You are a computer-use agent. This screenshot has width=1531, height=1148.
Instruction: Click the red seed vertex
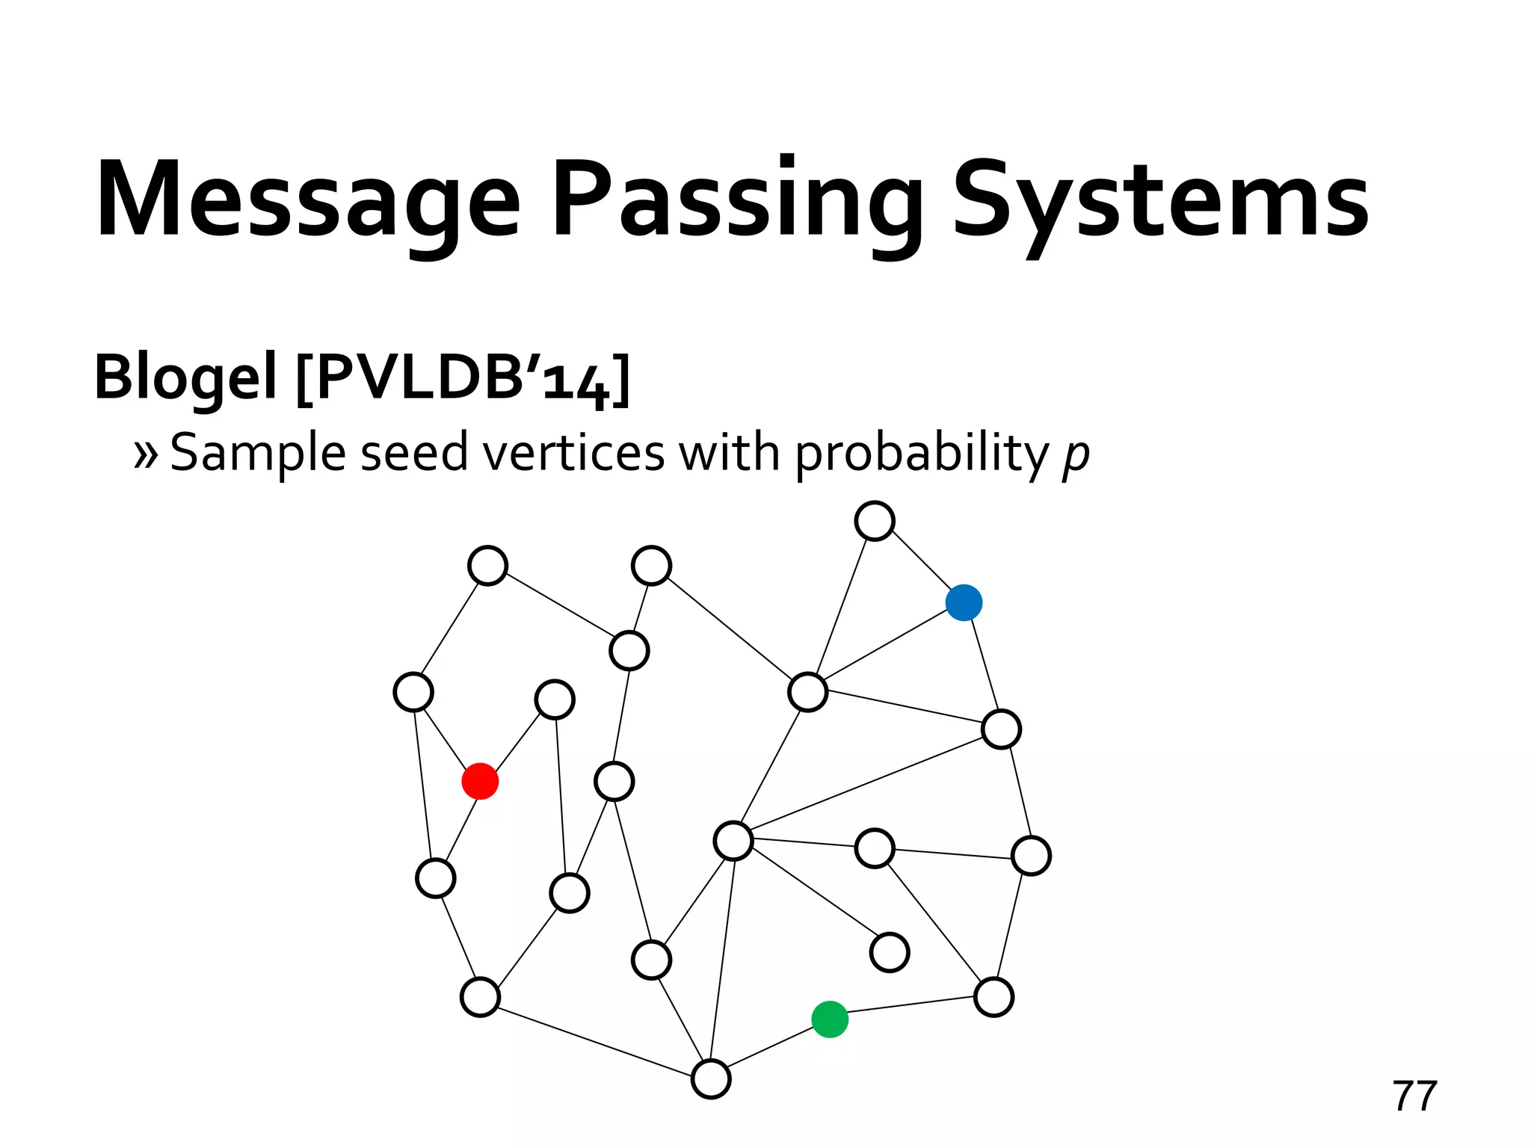click(x=480, y=781)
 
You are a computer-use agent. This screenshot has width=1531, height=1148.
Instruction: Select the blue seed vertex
click(x=964, y=602)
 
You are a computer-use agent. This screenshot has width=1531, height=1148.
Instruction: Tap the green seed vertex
click(x=830, y=1019)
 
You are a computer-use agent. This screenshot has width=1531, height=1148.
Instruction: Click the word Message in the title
click(x=307, y=200)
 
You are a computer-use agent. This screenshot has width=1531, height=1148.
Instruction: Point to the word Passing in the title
click(x=736, y=200)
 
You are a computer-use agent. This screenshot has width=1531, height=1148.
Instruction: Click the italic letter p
click(x=1076, y=454)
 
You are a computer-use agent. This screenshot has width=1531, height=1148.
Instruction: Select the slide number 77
click(x=1414, y=1096)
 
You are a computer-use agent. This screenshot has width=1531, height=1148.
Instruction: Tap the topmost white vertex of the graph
click(x=875, y=521)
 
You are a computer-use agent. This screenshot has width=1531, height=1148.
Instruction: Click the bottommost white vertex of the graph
click(x=711, y=1078)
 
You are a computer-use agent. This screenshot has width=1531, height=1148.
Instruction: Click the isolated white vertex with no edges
click(x=890, y=952)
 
